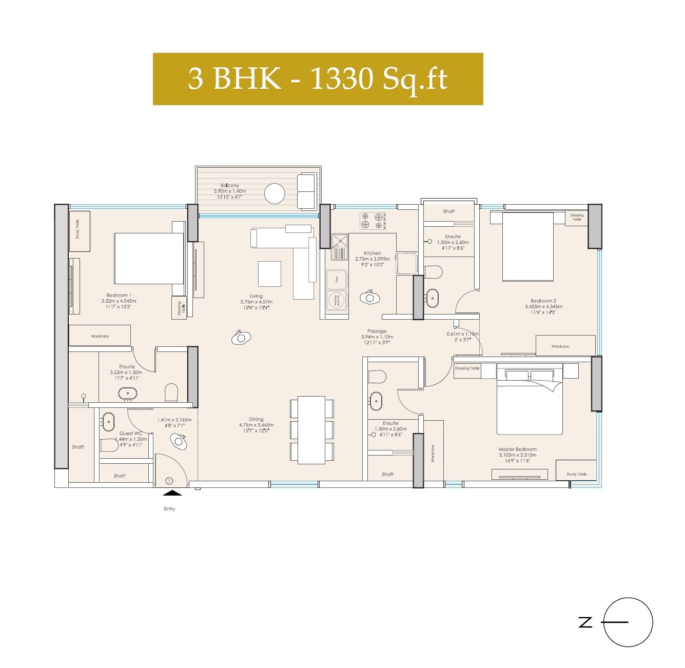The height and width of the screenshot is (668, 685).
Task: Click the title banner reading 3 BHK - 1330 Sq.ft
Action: click(318, 79)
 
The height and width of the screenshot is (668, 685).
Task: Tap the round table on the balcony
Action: click(275, 194)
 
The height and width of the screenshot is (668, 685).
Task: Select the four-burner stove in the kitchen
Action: click(372, 221)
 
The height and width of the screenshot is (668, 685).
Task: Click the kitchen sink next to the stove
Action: click(339, 247)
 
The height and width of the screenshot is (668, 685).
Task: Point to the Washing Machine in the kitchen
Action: click(337, 301)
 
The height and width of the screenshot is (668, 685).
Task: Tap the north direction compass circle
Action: click(628, 622)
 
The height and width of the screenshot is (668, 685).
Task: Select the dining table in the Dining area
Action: click(311, 430)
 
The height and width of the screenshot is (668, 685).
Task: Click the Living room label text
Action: click(256, 296)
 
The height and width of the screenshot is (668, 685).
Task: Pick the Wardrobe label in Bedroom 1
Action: click(100, 336)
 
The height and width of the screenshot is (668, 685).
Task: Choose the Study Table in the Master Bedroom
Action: click(576, 470)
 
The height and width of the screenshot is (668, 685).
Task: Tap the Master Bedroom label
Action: click(517, 449)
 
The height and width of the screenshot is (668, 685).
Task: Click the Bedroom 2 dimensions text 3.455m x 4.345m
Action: click(543, 307)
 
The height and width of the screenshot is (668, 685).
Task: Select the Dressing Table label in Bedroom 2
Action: click(577, 218)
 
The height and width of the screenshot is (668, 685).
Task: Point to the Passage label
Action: click(377, 331)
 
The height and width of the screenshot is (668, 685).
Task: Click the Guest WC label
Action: click(131, 433)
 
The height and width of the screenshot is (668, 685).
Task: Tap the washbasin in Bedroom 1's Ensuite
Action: click(127, 394)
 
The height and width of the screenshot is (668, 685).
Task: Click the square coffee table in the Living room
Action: click(269, 273)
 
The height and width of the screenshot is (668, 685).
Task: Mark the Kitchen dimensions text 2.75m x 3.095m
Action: click(373, 259)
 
